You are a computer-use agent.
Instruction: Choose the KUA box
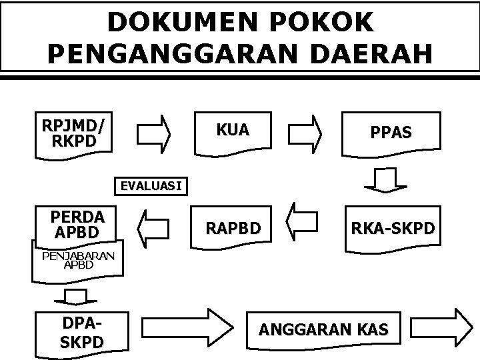click(x=233, y=131)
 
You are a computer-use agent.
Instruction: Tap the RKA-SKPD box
click(x=391, y=229)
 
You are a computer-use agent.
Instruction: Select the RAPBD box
click(x=233, y=229)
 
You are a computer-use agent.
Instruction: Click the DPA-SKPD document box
click(x=83, y=332)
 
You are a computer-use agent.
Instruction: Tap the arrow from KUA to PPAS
click(x=308, y=130)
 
